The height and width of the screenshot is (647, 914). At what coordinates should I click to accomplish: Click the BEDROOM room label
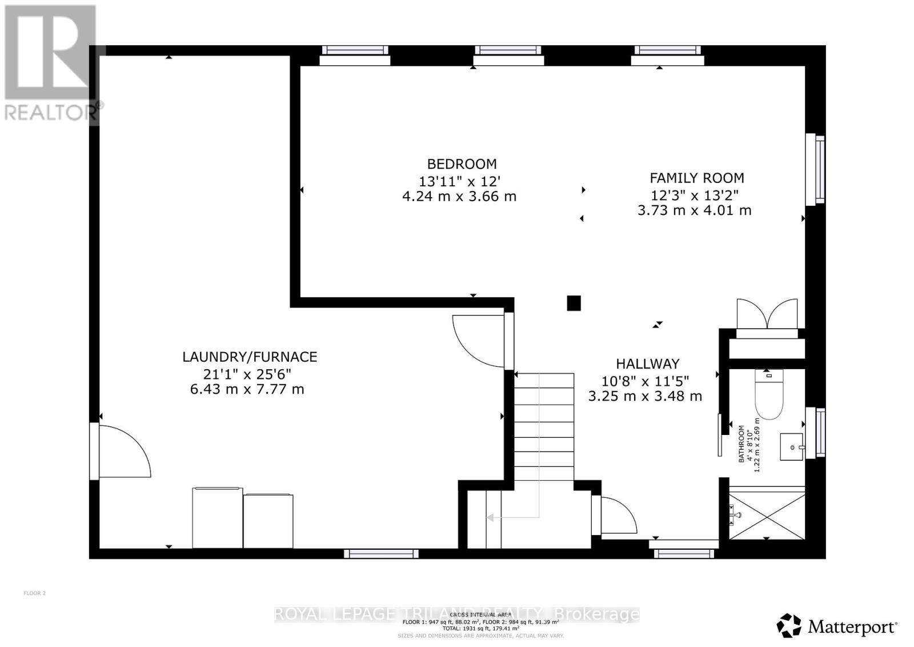pos(462,164)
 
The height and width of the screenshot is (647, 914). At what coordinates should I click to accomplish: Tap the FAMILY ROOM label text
pos(696,178)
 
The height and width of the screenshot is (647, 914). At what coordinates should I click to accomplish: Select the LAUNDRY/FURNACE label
pos(250,357)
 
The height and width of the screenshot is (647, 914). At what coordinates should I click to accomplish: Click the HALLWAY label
pos(647,364)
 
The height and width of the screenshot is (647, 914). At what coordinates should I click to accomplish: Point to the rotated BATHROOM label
pos(741,443)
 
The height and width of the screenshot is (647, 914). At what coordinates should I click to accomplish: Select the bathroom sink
pos(792,446)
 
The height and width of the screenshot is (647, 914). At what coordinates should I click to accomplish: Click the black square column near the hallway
pos(574,303)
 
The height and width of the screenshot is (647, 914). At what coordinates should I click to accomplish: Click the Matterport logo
pos(837,626)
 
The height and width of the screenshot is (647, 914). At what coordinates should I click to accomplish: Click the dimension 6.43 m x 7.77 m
pos(247,390)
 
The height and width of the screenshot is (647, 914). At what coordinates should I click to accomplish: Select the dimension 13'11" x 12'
pos(459,182)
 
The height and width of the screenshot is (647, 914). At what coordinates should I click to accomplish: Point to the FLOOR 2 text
pos(34,593)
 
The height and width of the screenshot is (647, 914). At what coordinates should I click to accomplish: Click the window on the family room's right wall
pos(815,169)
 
